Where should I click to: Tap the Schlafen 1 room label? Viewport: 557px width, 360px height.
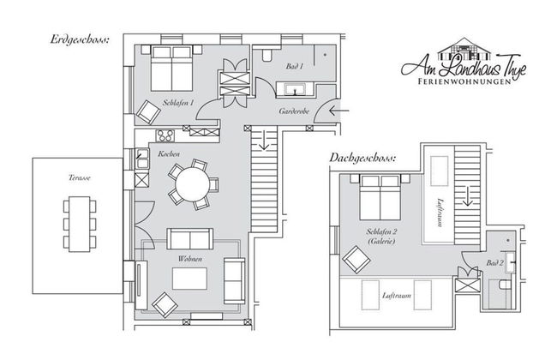[x=179, y=103]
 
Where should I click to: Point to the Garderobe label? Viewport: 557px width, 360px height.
[x=294, y=112]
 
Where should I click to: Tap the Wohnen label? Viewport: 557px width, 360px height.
[x=189, y=258]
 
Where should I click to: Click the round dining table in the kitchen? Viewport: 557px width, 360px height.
[x=188, y=182]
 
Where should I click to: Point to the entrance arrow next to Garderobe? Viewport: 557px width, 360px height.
[x=338, y=111]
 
